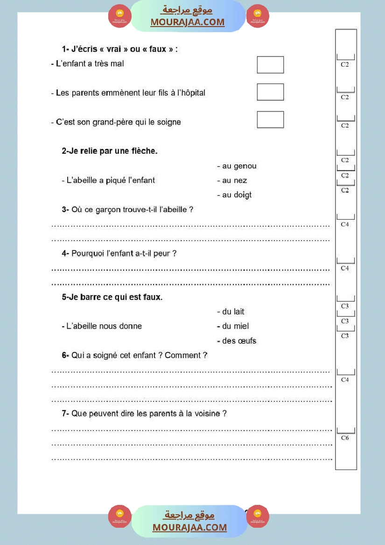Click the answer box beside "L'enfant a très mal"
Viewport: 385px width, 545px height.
tap(270, 65)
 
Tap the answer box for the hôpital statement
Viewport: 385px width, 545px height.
tap(270, 92)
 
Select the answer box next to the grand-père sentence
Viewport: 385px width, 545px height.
tap(270, 119)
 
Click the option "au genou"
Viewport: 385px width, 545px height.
tap(239, 166)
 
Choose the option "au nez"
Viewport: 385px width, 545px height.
tap(234, 180)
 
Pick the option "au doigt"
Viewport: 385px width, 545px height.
tap(237, 195)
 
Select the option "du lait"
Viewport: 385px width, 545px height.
tap(233, 311)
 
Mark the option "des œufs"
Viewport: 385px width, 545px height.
tap(239, 341)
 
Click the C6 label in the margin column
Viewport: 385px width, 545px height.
tap(345, 438)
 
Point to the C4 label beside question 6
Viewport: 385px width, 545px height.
tap(345, 380)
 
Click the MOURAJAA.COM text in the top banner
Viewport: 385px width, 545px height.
tap(187, 22)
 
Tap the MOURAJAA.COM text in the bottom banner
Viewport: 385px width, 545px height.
tap(189, 527)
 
